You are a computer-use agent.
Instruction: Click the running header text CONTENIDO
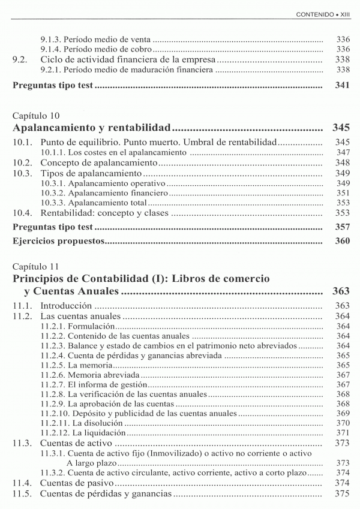tap(314, 13)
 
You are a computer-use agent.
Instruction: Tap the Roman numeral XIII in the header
tap(343, 13)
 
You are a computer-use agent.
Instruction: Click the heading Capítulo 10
tap(35, 115)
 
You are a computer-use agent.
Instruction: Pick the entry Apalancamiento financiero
tap(118, 193)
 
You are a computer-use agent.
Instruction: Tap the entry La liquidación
tap(100, 432)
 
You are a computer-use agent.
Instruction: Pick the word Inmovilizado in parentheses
tap(172, 453)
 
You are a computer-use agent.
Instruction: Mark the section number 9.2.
tap(20, 59)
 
